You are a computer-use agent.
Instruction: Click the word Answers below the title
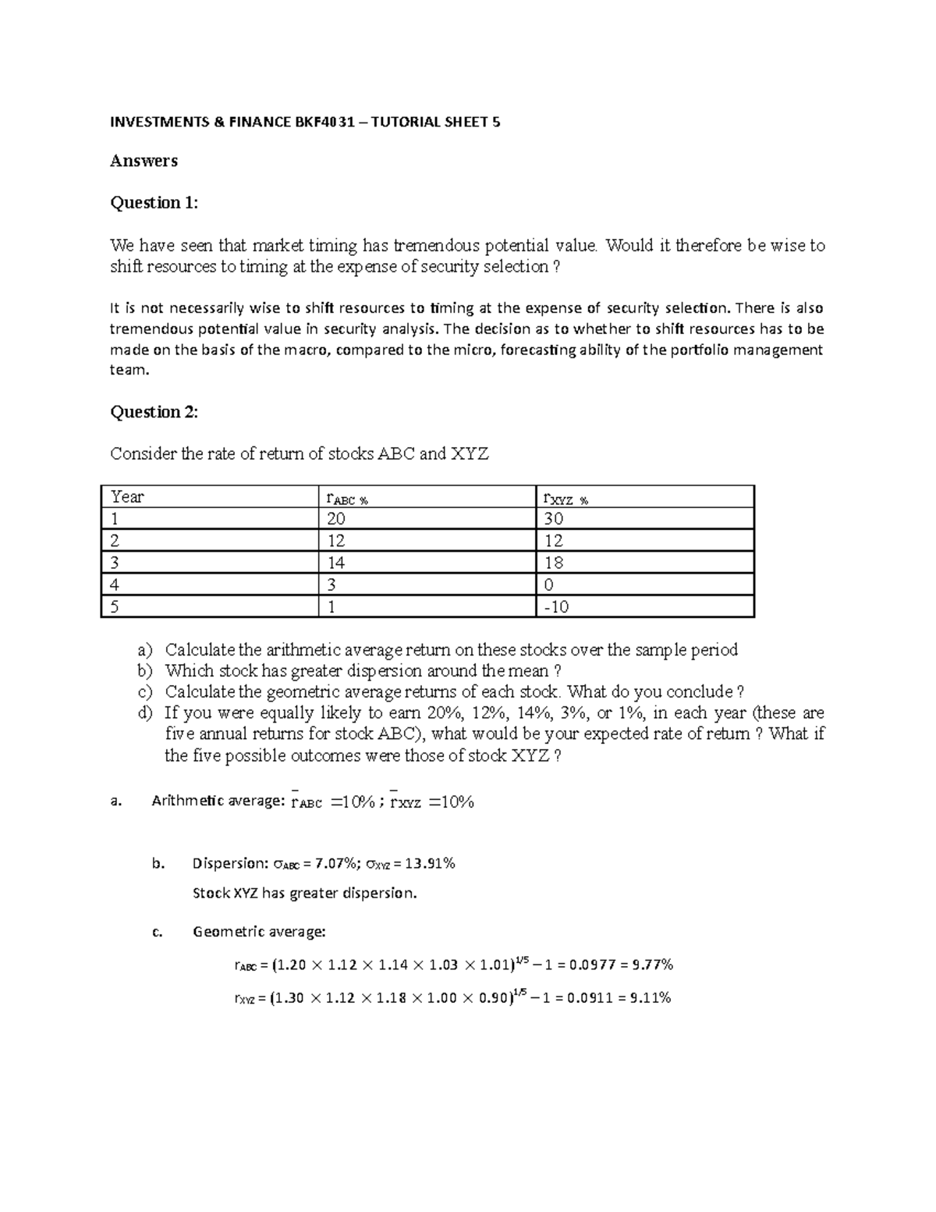pyautogui.click(x=144, y=161)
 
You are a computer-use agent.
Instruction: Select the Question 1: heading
pyautogui.click(x=154, y=203)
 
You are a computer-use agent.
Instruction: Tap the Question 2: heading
pyautogui.click(x=154, y=412)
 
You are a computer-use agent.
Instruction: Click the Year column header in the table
pyautogui.click(x=127, y=497)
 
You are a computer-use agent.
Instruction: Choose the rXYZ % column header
pyautogui.click(x=565, y=498)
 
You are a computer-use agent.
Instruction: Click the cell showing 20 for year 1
pyautogui.click(x=337, y=519)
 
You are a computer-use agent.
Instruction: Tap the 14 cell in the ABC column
pyautogui.click(x=337, y=563)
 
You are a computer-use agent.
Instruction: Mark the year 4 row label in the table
pyautogui.click(x=115, y=585)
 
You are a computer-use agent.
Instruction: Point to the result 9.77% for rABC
pyautogui.click(x=651, y=965)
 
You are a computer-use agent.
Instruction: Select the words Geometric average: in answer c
pyautogui.click(x=259, y=931)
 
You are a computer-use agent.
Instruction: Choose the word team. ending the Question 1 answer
pyautogui.click(x=129, y=371)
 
